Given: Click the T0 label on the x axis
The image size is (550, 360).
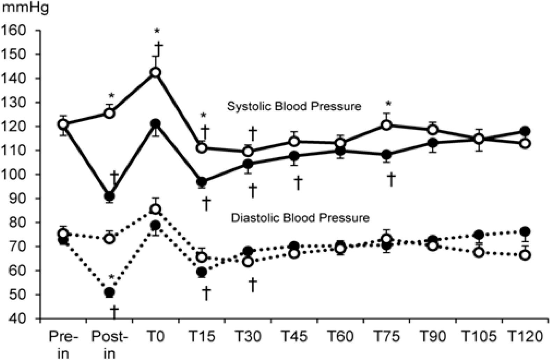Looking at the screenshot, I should pos(156,337).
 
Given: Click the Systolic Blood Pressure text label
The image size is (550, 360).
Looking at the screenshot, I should pos(294,106).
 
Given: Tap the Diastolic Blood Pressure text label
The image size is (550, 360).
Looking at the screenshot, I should pos(300,218).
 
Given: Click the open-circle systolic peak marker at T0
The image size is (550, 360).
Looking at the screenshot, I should pos(155,72).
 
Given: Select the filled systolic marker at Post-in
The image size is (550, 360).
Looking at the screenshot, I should pos(109,196).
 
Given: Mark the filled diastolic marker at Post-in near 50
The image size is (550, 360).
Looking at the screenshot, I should pos(109,292).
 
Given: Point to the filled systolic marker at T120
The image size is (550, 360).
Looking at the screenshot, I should pos(525,131).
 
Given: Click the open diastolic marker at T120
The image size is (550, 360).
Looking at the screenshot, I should pos(525,255).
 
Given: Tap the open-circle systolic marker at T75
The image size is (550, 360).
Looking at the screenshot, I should pos(386,125).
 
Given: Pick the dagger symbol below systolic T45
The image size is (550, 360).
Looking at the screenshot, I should pos(298,183).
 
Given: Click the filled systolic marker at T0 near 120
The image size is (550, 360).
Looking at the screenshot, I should pos(155,124).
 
